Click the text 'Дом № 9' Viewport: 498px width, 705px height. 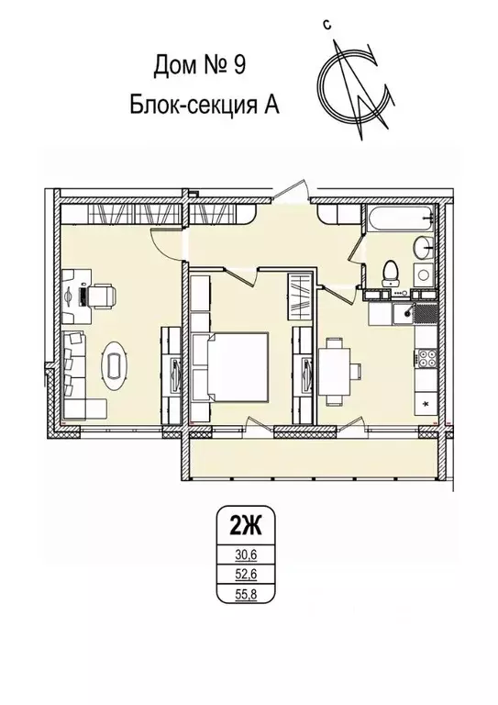click(198, 66)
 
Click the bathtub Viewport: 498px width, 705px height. click(396, 221)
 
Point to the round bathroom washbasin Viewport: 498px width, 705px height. click(424, 247)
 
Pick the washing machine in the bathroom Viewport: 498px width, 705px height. click(424, 274)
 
